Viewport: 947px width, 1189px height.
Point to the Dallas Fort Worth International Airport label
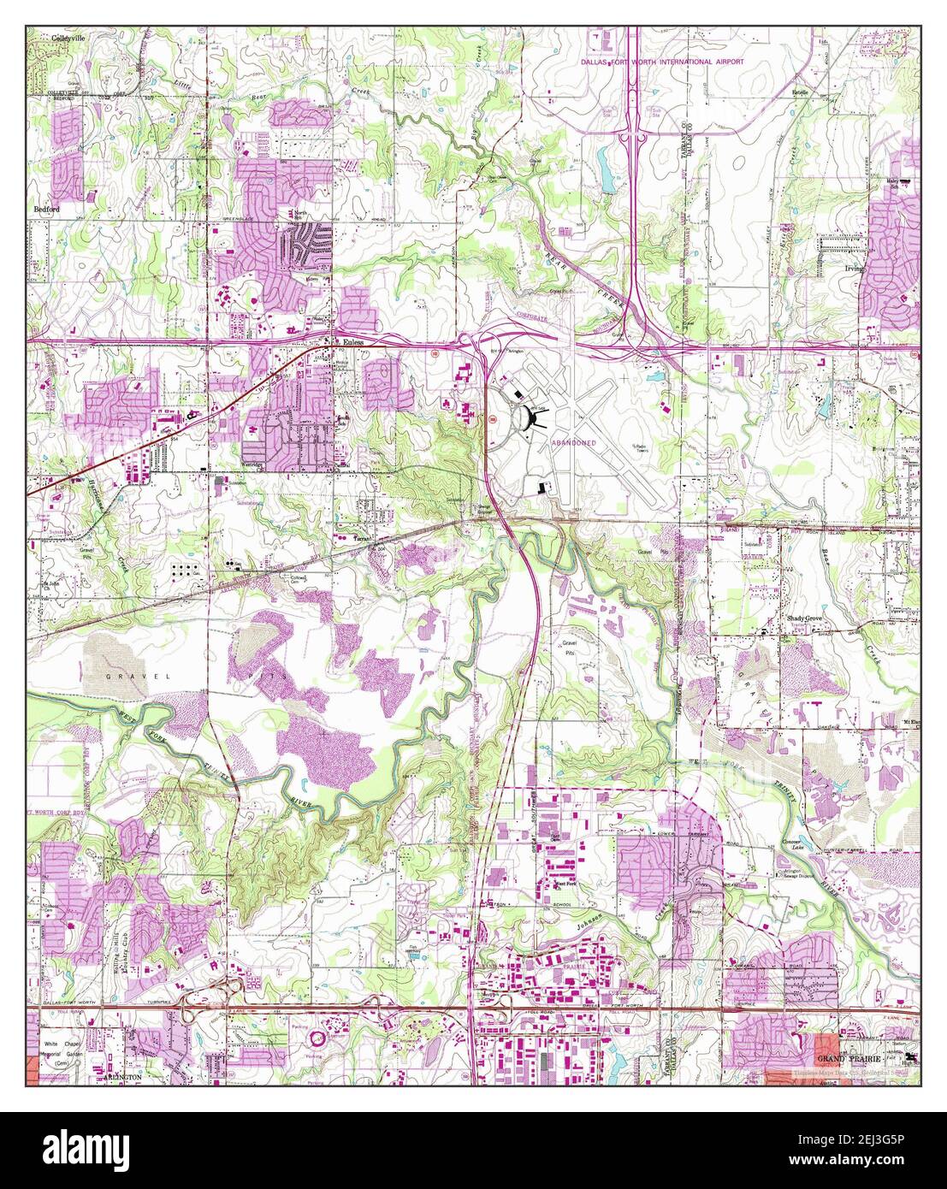coord(662,62)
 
